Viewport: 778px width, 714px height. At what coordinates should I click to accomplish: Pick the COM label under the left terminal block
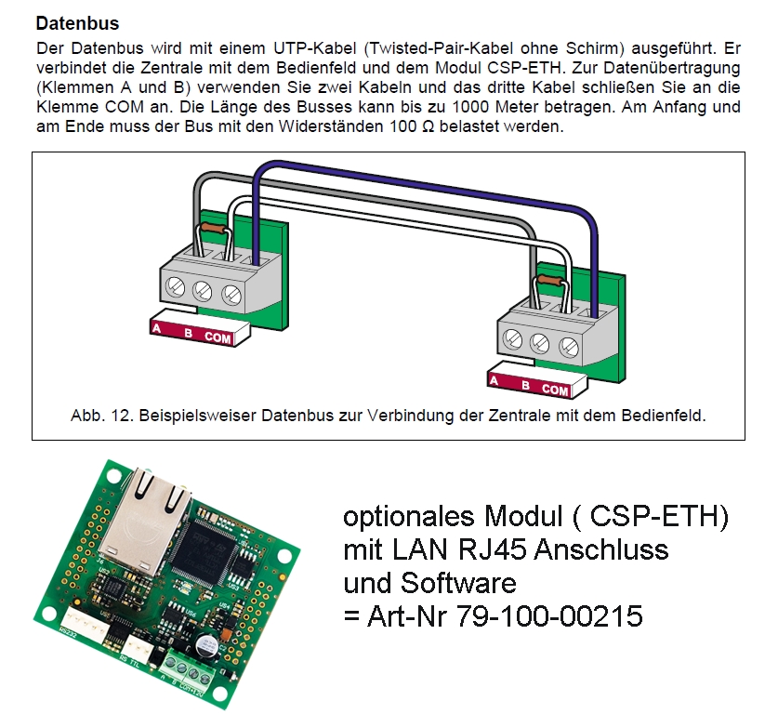tap(218, 338)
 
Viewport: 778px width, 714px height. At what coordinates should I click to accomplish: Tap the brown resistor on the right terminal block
tap(548, 278)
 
